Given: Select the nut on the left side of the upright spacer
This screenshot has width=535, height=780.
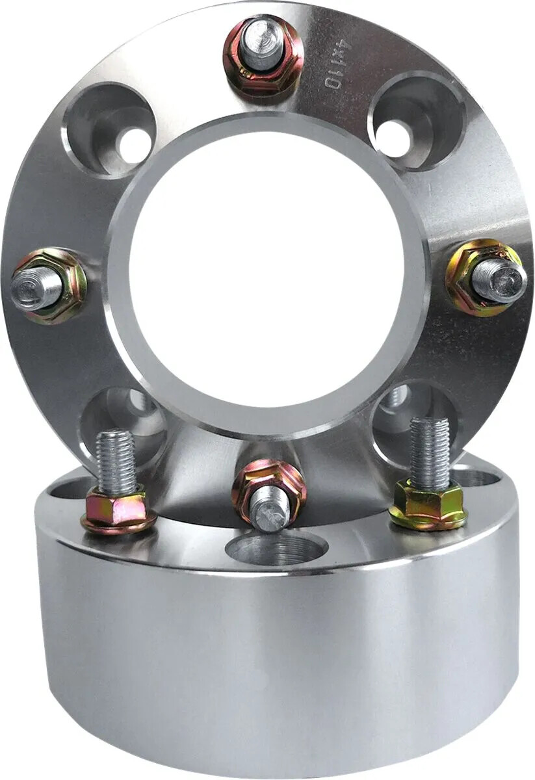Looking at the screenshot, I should coord(49,287).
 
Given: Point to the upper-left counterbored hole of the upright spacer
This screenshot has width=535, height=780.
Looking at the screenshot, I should coord(109,129).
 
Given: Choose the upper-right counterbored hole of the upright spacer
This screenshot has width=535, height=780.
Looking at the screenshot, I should coord(416,122).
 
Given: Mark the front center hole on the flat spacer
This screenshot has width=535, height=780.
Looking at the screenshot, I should coord(276,550).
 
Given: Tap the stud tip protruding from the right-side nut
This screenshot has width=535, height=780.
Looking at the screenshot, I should coord(501,280).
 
